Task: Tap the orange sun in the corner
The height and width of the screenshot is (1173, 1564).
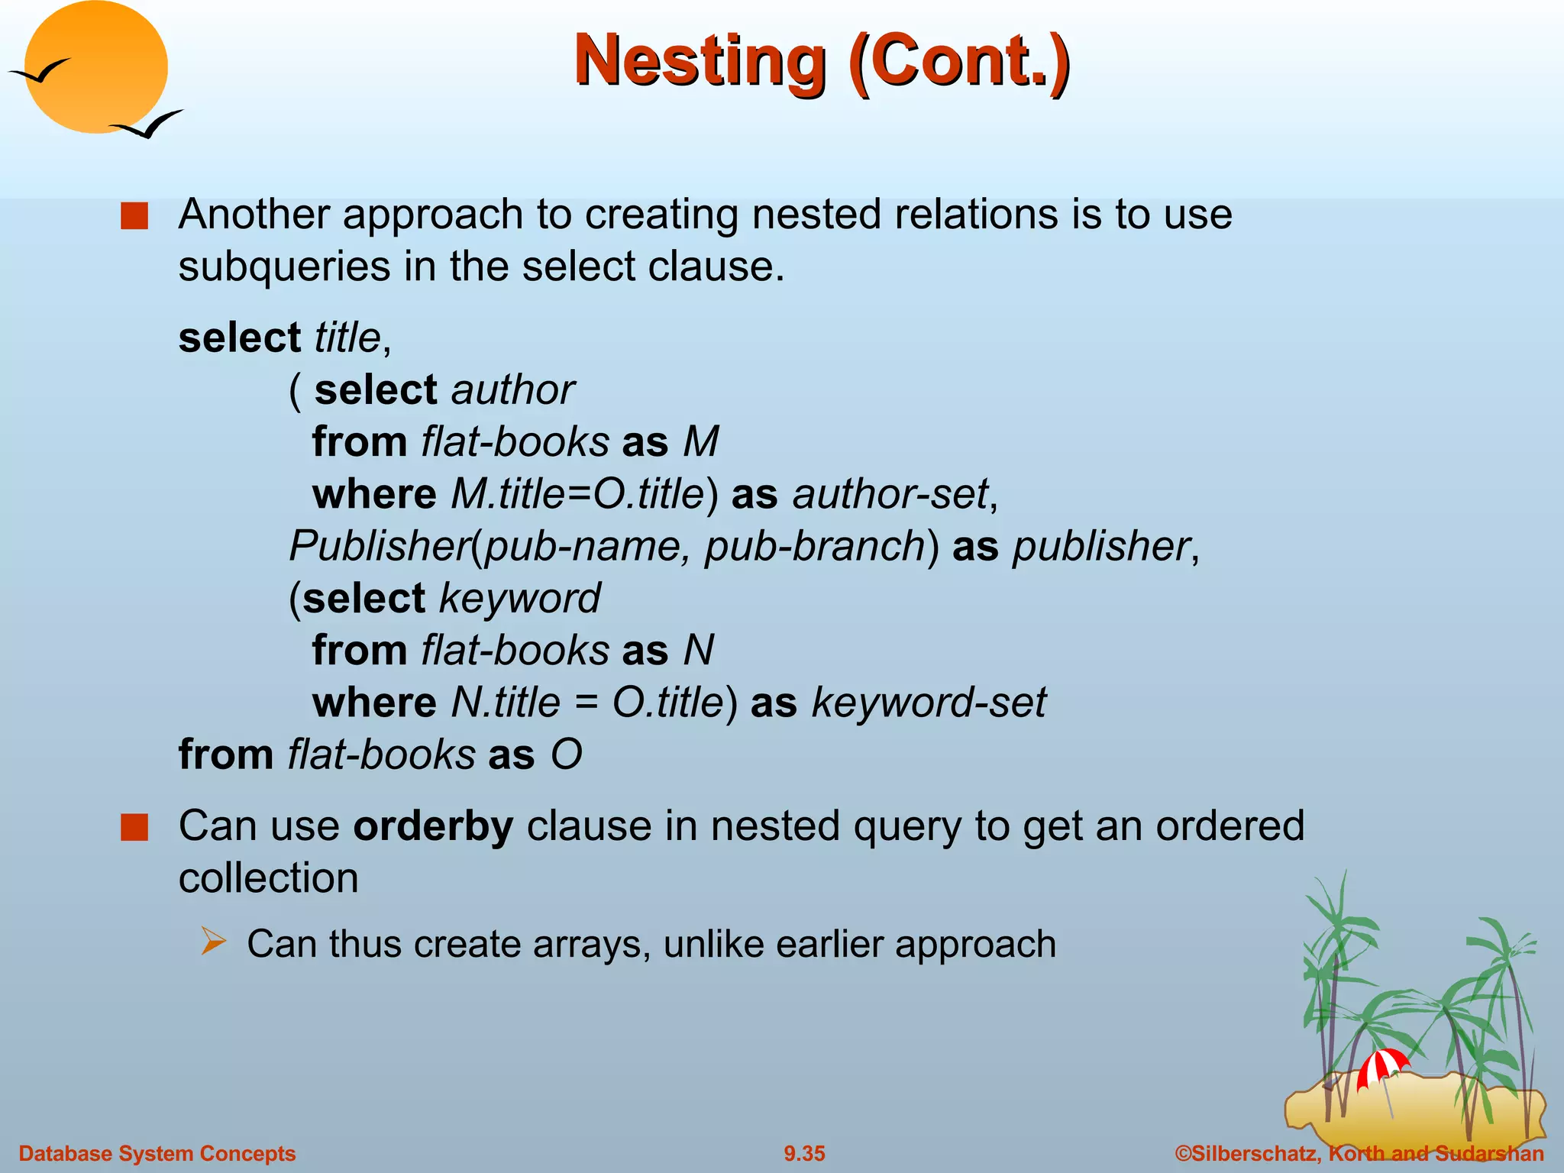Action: pos(95,67)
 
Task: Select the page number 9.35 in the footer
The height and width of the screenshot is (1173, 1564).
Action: pos(804,1153)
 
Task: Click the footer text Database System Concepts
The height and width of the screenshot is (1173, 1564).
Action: pos(157,1153)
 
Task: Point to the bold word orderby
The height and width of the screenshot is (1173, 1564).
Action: pos(433,826)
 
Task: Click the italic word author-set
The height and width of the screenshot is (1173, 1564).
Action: pos(890,494)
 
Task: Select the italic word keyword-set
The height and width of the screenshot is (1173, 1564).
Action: pos(928,703)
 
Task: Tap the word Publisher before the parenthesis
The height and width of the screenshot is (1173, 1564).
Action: pos(380,547)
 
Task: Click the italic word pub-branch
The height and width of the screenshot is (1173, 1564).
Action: pos(815,547)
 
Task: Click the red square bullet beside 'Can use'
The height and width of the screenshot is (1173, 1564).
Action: pos(134,828)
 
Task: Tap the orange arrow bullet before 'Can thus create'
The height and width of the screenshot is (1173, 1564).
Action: pos(214,941)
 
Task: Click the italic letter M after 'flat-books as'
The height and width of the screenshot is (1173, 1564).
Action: pos(701,442)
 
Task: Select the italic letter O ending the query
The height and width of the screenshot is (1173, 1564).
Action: pos(567,755)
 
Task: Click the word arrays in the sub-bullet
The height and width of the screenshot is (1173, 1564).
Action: pos(591,945)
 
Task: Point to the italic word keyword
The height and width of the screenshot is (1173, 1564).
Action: pos(520,598)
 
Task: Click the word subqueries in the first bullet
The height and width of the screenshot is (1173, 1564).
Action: pos(285,267)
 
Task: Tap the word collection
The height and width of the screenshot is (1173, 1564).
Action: pos(268,878)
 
